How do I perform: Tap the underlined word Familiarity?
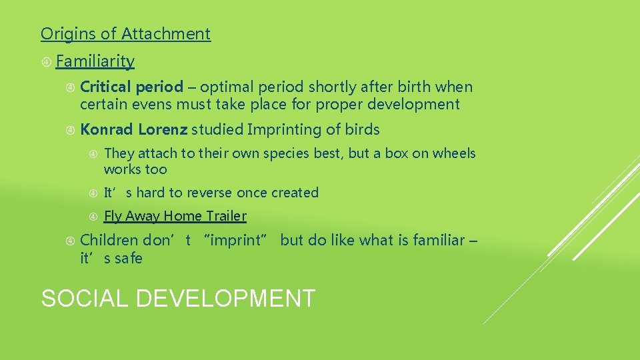coord(95,61)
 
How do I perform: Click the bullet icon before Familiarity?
coord(47,62)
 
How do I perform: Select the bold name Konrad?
coord(107,129)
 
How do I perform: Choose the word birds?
coord(362,129)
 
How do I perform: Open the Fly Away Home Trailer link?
coord(175,216)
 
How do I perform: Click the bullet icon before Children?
coord(71,241)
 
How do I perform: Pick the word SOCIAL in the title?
coord(85,298)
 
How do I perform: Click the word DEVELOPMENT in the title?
coord(225,298)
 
